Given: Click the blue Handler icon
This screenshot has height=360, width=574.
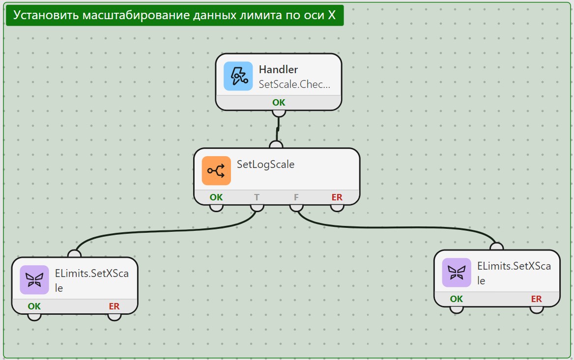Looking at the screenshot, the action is [238, 76].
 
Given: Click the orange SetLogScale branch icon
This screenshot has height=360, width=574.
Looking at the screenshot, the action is [216, 171].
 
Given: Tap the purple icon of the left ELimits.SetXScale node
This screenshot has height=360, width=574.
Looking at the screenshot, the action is [34, 280].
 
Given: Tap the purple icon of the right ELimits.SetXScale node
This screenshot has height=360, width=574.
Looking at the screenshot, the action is [457, 273].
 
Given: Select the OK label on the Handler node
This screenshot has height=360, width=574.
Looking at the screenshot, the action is [279, 103].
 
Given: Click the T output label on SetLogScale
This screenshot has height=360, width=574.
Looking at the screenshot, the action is [257, 197].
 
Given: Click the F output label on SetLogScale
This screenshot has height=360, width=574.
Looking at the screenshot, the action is [296, 197].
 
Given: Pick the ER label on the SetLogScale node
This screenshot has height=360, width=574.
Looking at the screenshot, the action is [337, 197].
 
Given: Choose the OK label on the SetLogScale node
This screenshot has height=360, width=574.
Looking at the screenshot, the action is [216, 197].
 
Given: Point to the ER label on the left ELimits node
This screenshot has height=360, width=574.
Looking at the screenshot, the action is [114, 306].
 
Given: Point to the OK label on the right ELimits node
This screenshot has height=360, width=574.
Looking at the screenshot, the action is [457, 299].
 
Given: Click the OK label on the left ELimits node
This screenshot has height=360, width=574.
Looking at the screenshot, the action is [34, 306].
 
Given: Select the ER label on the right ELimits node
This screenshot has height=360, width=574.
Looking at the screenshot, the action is [536, 299].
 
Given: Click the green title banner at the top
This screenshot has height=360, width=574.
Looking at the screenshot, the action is [174, 15].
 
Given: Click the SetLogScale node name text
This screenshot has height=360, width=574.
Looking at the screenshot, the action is [265, 164].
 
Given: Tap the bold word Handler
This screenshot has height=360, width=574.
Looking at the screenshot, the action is [278, 70].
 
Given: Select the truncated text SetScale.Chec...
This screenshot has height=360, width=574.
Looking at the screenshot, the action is [294, 84].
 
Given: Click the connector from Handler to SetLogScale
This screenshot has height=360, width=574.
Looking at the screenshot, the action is [278, 129].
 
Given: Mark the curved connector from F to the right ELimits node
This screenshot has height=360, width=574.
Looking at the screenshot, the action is [395, 227].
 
